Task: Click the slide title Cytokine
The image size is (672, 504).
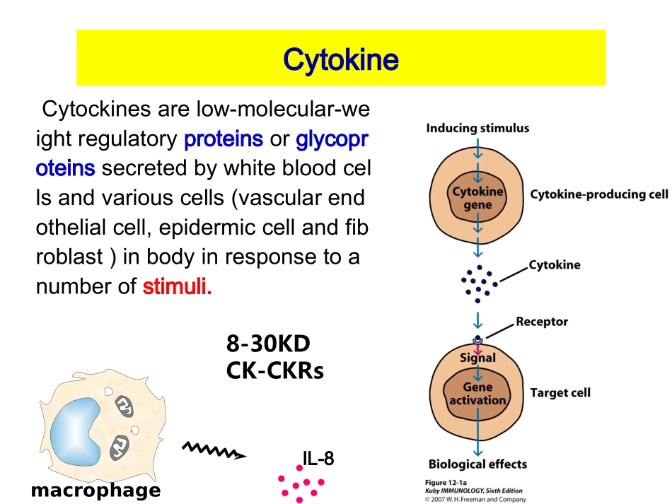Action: [340, 59]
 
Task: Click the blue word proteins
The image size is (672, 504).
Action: [223, 139]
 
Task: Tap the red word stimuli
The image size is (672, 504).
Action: [177, 288]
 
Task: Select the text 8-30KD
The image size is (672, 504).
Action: [268, 344]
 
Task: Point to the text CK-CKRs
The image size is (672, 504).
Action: [274, 370]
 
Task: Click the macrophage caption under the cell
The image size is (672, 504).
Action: [95, 490]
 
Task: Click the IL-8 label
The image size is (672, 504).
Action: [318, 459]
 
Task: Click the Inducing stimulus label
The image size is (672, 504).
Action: [477, 128]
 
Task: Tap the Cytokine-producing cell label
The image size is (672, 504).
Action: [598, 194]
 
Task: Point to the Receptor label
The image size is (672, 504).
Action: [541, 322]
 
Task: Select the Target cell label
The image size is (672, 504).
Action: [560, 392]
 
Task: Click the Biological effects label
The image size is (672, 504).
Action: [477, 464]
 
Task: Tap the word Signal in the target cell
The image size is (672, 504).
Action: [477, 358]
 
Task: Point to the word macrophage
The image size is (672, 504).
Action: [95, 490]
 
